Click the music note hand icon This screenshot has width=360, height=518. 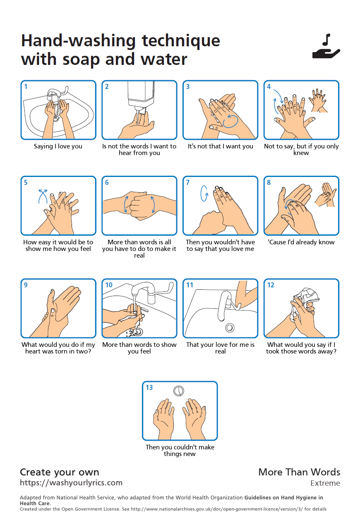coord(326,46)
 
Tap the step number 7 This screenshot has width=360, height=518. coord(188,182)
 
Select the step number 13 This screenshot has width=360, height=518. coord(149,387)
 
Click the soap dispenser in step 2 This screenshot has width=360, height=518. coord(141,97)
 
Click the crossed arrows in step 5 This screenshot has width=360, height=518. coord(43,196)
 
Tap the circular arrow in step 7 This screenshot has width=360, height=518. coord(204,193)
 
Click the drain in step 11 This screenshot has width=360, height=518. coord(230,327)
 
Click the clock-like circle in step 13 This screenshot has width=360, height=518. coord(178,391)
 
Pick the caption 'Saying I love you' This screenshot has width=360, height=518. coord(58,146)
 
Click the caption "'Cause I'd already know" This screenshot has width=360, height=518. coord(301,242)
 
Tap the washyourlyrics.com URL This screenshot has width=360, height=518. coord(71,483)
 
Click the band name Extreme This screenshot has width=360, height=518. coord(325,483)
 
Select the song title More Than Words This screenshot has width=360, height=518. coord(299,472)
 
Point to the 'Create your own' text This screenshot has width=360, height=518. coord(60,472)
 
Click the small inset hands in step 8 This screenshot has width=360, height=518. coord(326,195)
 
